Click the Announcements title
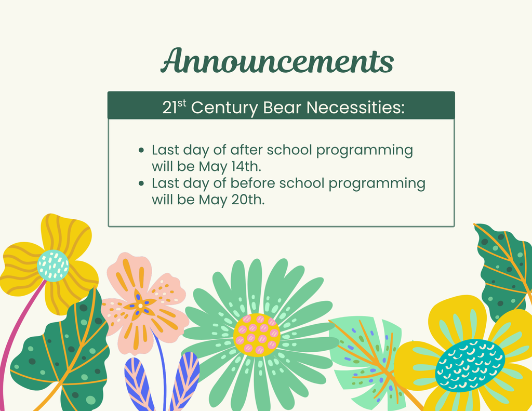[277, 61]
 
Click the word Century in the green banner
[224, 108]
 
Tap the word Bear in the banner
[282, 108]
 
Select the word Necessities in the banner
[355, 108]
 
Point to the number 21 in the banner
[170, 108]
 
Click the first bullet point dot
[141, 150]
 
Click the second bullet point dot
[141, 183]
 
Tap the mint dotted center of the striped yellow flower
[53, 266]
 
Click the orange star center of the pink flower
[140, 306]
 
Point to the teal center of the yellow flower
[470, 365]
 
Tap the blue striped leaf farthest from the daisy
[139, 384]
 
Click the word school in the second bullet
[302, 183]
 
